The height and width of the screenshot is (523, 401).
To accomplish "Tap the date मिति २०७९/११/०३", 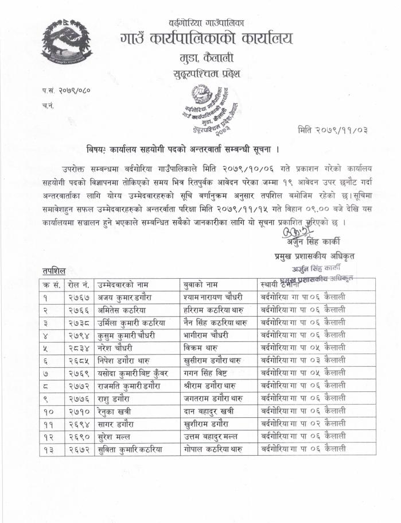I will tap(332, 130).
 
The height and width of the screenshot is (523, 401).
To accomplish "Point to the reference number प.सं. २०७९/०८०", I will tap(66, 90).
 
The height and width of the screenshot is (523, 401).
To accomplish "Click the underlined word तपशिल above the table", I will tap(54, 270).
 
